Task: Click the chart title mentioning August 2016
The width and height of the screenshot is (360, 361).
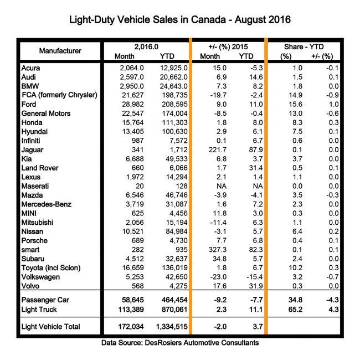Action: (179, 20)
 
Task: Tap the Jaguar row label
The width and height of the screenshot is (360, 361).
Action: (33, 149)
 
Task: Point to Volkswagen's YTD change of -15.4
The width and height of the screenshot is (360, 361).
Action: (247, 277)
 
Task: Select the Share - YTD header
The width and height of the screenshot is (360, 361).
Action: (304, 47)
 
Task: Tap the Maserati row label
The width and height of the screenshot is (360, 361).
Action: (37, 185)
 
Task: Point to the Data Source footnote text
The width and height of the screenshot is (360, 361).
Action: (180, 343)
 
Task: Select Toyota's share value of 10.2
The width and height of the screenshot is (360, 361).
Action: (287, 268)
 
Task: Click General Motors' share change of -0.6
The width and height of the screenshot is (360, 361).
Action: (326, 113)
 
